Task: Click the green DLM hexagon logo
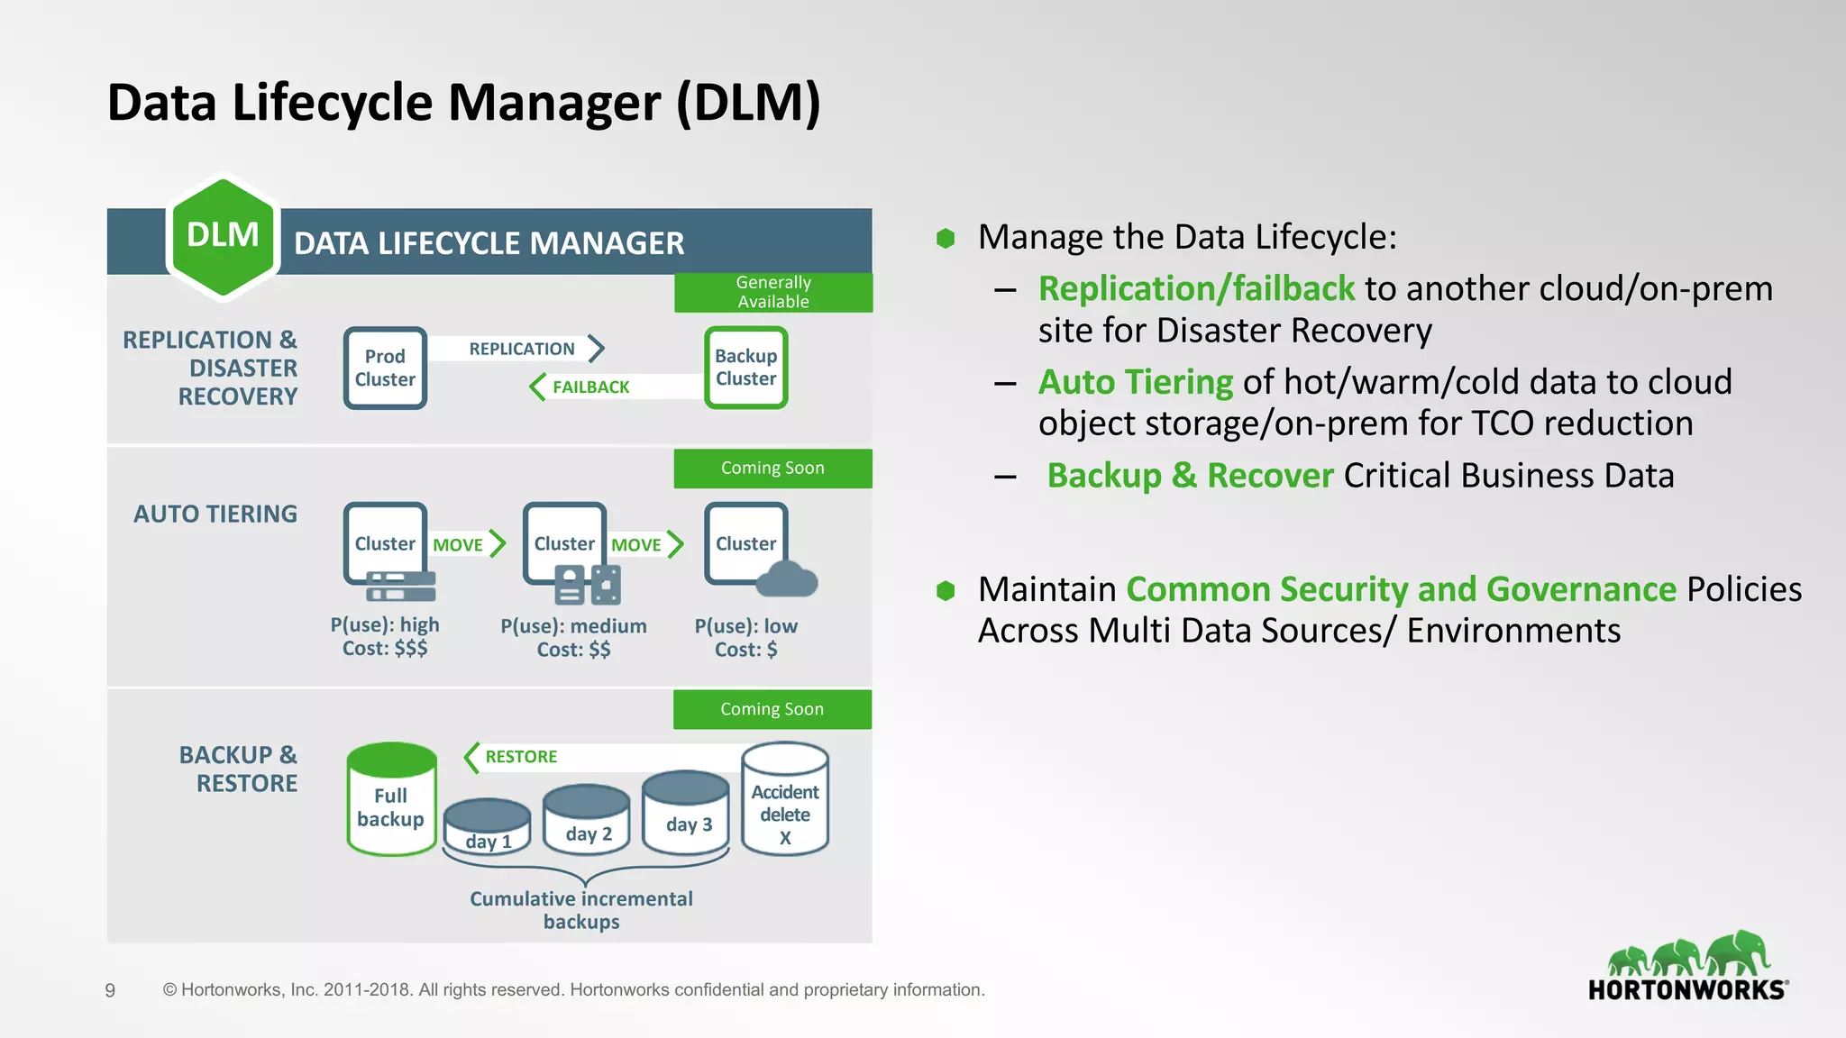[x=223, y=236]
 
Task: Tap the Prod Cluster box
[x=385, y=368]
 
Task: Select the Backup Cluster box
[x=745, y=368]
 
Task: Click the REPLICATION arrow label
[x=523, y=349]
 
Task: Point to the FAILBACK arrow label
[x=590, y=387]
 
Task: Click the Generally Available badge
[x=773, y=292]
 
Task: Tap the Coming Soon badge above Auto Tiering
[x=772, y=469]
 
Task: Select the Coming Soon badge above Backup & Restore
[x=772, y=709]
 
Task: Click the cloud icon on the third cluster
[x=786, y=579]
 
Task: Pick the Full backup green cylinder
[x=391, y=799]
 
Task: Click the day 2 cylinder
[x=587, y=818]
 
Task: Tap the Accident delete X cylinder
[x=785, y=799]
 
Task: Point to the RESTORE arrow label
[x=521, y=757]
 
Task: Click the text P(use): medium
[x=573, y=626]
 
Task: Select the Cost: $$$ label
[x=385, y=649]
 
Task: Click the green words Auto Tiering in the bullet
[x=1135, y=382]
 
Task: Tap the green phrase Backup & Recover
[x=1190, y=476]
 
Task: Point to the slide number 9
[x=110, y=991]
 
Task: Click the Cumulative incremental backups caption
[x=581, y=910]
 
